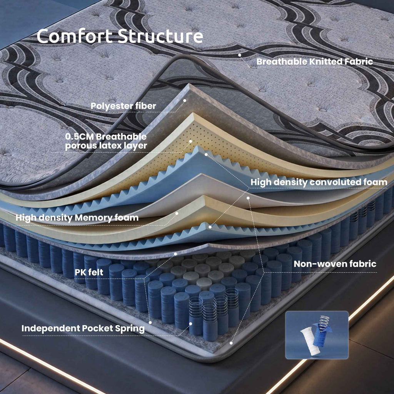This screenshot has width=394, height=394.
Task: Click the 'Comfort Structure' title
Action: (x=120, y=36)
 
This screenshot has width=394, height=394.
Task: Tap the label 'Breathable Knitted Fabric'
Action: (x=315, y=62)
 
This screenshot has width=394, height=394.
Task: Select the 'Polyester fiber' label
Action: (x=124, y=106)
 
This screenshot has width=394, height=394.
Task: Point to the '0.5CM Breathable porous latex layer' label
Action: (x=106, y=141)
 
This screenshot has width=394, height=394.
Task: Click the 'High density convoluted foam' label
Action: (x=319, y=182)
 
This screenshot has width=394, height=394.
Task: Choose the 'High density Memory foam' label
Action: (x=77, y=218)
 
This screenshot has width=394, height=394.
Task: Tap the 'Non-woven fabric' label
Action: (x=335, y=264)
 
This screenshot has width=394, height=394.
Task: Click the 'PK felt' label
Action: (x=89, y=272)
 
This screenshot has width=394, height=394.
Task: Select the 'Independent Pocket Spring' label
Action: (x=83, y=329)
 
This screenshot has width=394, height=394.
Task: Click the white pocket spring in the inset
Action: (x=310, y=342)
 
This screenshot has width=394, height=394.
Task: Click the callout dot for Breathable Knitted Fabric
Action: (x=240, y=55)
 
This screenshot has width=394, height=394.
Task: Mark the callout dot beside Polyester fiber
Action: (x=184, y=100)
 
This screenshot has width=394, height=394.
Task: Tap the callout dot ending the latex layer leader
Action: (x=190, y=141)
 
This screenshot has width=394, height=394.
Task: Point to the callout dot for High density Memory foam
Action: (x=177, y=213)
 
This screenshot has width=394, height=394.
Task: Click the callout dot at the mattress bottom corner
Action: (x=231, y=343)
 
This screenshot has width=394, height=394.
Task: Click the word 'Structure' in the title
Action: (x=160, y=36)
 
